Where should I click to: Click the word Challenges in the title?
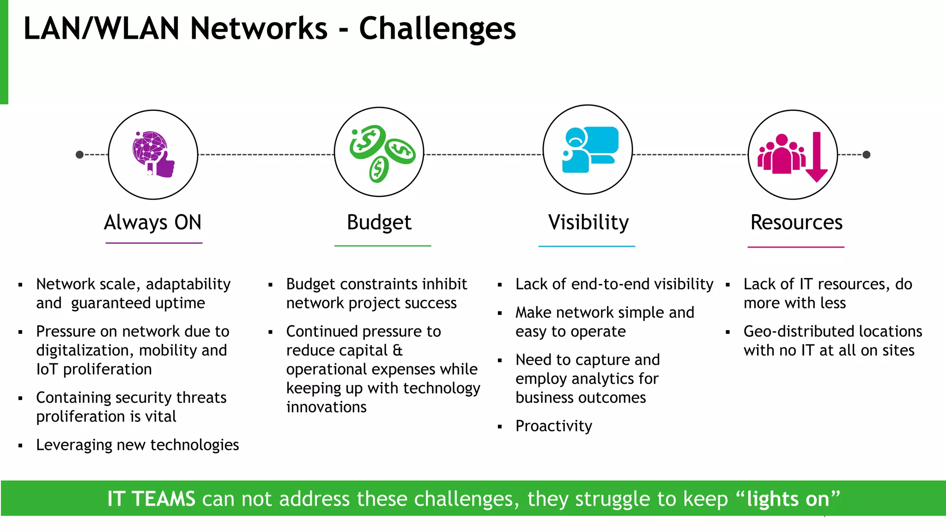(437, 29)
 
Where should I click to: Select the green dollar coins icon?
(380, 153)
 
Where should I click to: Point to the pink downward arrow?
(816, 157)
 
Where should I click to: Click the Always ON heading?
(153, 223)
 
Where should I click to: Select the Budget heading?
(379, 223)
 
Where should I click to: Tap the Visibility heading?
(588, 223)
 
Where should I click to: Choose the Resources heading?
(796, 223)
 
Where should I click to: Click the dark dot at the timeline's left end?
(79, 155)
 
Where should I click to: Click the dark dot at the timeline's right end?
(867, 155)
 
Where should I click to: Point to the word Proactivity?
(553, 426)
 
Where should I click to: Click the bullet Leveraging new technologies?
(137, 445)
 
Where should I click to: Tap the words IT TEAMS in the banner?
(151, 499)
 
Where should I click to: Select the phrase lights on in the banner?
(788, 499)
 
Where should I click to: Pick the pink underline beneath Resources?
(796, 247)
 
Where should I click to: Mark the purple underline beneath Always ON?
(154, 243)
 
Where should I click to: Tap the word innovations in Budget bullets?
(326, 407)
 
